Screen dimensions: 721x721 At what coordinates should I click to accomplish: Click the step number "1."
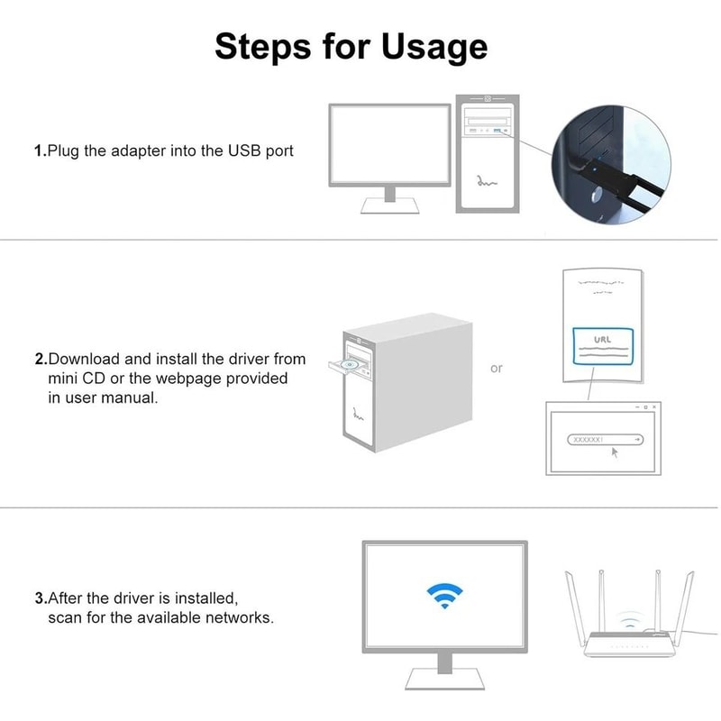(40, 151)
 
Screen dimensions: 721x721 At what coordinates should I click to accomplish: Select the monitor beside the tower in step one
(388, 144)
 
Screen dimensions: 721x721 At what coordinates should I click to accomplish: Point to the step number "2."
(40, 360)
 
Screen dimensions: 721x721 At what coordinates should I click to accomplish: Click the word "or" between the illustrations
(497, 369)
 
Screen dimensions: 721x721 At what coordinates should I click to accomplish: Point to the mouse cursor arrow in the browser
(616, 452)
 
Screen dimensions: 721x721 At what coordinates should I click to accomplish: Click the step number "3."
(40, 598)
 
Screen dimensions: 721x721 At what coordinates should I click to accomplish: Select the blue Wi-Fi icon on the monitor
(443, 596)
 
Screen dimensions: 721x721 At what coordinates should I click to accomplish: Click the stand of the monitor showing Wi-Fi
(443, 667)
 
